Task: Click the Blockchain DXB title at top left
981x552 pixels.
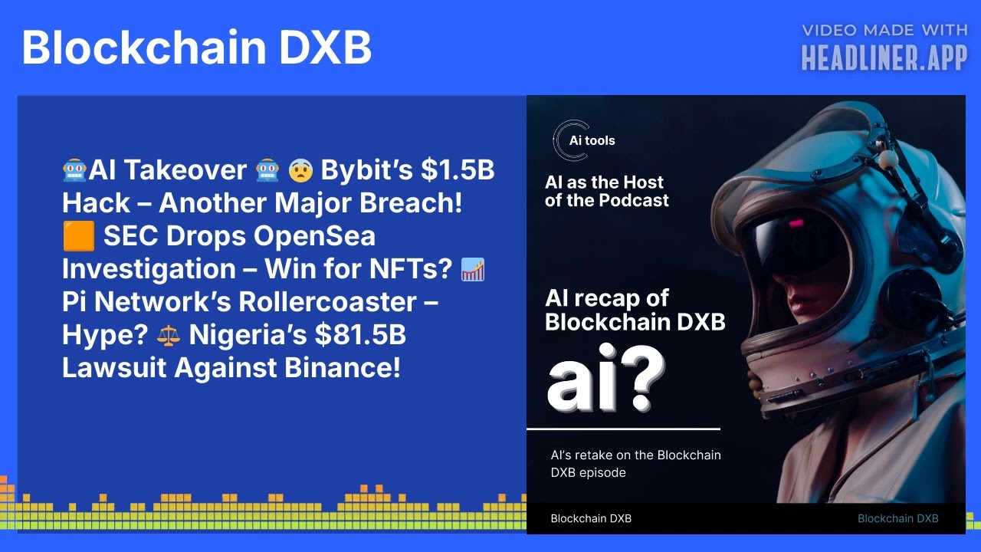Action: (x=196, y=48)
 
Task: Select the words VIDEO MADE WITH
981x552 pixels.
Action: (x=884, y=31)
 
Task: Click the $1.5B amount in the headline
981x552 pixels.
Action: (x=458, y=170)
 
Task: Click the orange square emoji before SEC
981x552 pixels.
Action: (x=78, y=237)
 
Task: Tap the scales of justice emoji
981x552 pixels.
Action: (x=168, y=335)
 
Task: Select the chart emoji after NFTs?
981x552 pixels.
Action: (x=473, y=270)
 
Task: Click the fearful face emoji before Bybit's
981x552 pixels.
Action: (x=300, y=171)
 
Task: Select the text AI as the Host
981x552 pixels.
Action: (x=604, y=182)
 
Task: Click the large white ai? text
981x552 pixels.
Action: (x=605, y=383)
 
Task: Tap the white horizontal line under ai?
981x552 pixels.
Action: (x=623, y=429)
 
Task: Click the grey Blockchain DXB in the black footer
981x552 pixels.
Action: (x=897, y=518)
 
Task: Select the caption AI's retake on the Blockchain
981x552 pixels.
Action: (x=635, y=455)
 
